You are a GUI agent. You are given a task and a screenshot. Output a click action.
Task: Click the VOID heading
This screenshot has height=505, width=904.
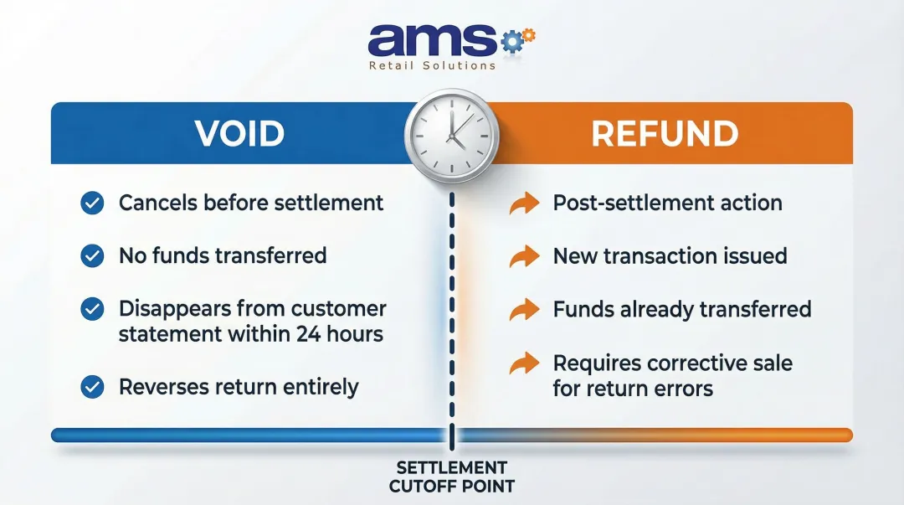pyautogui.click(x=239, y=134)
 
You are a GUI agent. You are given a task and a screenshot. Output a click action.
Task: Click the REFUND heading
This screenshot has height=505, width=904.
pyautogui.click(x=665, y=134)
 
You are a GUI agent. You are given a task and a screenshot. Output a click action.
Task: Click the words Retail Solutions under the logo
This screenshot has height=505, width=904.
pyautogui.click(x=432, y=66)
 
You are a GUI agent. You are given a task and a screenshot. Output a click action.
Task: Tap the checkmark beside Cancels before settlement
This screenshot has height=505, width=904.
pyautogui.click(x=92, y=203)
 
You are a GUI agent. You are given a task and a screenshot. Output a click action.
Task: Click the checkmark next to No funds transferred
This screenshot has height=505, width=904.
pyautogui.click(x=92, y=255)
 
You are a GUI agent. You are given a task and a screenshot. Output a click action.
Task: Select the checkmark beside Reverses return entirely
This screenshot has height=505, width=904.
pyautogui.click(x=92, y=387)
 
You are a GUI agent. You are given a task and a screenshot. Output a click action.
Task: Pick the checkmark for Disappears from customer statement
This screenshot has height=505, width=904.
pyautogui.click(x=92, y=309)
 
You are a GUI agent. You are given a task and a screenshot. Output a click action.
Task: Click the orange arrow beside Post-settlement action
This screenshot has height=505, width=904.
pyautogui.click(x=525, y=204)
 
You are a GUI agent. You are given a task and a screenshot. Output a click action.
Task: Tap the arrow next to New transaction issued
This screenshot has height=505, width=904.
pyautogui.click(x=525, y=256)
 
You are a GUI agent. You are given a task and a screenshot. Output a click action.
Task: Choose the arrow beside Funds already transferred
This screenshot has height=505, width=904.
pyautogui.click(x=525, y=310)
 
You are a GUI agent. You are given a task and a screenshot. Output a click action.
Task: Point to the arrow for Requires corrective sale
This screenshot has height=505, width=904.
pyautogui.click(x=525, y=363)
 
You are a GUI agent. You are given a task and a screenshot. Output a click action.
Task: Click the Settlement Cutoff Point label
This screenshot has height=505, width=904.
pyautogui.click(x=451, y=477)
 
